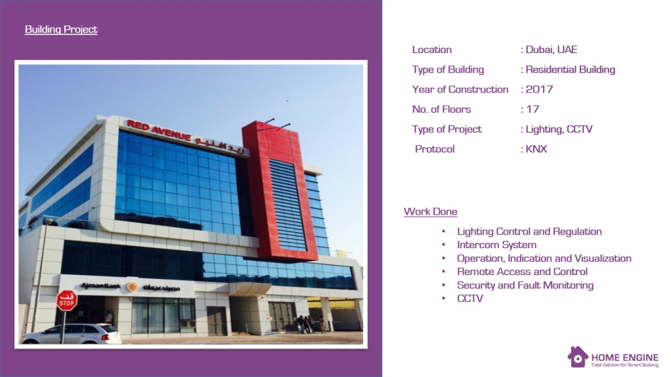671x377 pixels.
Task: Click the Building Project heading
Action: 61,30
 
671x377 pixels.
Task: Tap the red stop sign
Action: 66,301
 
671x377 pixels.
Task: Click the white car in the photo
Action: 71,334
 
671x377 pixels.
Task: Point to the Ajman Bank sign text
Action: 101,285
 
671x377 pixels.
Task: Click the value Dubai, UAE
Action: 551,50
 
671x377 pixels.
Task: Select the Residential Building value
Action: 570,70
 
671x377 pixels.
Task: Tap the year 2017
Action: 539,89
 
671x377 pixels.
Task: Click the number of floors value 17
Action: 532,109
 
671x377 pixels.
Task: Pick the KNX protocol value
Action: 536,150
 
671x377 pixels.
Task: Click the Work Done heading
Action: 431,212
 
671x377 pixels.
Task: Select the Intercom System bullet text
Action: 497,245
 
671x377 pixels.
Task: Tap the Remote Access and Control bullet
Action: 522,272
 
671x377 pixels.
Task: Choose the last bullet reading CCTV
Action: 470,299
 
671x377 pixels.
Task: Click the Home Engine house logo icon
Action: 578,357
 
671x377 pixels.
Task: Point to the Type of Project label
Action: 447,129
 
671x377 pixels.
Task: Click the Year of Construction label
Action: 460,89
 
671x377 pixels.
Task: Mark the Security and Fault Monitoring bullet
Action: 525,285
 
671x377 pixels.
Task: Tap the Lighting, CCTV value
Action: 559,129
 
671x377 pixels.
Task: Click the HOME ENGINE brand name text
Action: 625,358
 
